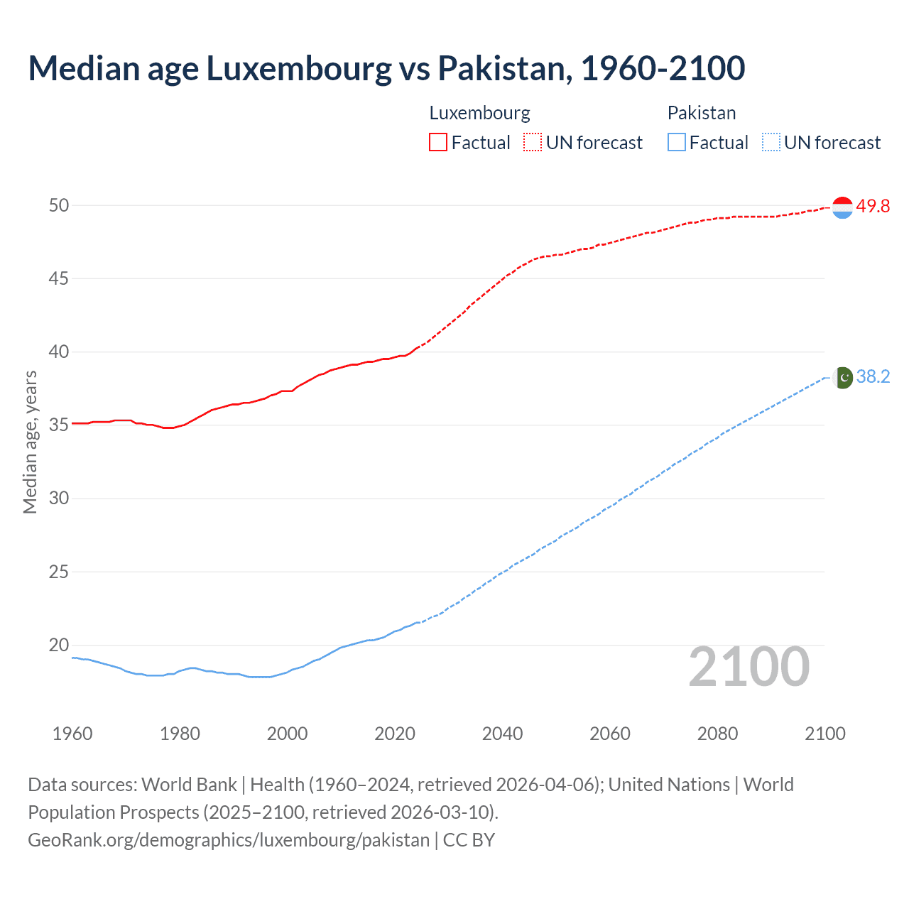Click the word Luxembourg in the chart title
(x=298, y=68)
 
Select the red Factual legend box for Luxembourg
(x=438, y=142)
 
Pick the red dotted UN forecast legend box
(x=533, y=142)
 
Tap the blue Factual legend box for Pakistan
(x=676, y=142)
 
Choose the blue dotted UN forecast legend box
(x=771, y=142)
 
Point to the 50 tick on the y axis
(x=59, y=205)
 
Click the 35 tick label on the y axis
(x=59, y=425)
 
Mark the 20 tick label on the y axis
(x=59, y=645)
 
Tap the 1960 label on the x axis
(x=72, y=734)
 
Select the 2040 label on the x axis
(x=502, y=734)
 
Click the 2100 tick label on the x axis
(x=824, y=734)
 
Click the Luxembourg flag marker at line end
(x=842, y=207)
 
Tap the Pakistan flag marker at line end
(x=843, y=378)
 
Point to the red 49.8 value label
(x=873, y=207)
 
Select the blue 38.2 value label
(x=873, y=377)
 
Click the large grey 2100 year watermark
(x=749, y=667)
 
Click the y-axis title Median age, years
(x=30, y=442)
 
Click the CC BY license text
(x=469, y=840)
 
